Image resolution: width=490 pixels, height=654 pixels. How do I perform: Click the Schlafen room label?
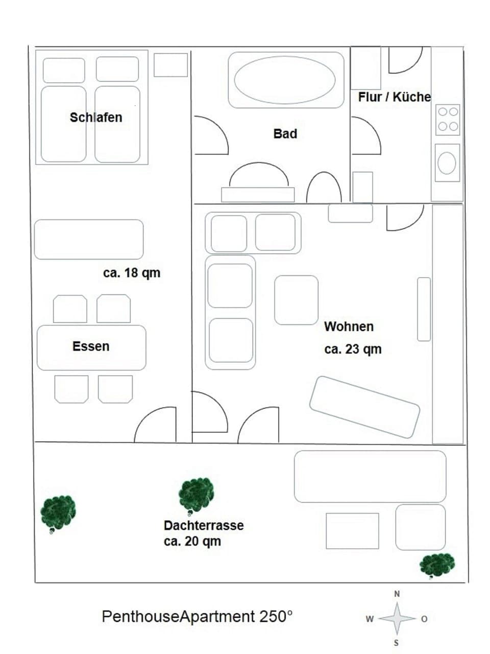pos(96,118)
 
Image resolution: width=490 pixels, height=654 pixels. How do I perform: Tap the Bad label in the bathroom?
pos(285,134)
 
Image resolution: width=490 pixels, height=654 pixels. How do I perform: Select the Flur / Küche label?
pos(394,97)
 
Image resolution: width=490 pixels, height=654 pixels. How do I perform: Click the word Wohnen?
pos(349,326)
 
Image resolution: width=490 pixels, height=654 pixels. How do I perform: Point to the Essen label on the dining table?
pos(91,346)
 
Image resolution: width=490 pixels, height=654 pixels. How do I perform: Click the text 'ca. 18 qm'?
pos(132,273)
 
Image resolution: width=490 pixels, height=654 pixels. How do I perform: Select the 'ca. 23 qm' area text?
pos(353,349)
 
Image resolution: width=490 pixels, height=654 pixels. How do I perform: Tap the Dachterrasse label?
pos(204,525)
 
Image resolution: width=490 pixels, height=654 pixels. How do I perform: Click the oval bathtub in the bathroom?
pos(285,80)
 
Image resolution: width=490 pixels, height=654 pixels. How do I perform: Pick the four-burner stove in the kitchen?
pos(448,120)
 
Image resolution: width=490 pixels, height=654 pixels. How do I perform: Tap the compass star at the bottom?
pos(397,619)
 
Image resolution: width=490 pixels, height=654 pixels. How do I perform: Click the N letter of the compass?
pos(397,594)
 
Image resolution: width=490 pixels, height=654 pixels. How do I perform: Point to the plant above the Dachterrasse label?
pos(195,495)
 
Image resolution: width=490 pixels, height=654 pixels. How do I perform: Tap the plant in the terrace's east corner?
pos(437,565)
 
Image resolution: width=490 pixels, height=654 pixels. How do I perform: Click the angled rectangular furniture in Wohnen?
pos(364,407)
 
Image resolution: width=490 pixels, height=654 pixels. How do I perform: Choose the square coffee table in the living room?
pos(296,300)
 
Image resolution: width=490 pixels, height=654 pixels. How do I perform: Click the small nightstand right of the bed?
pos(170,65)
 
